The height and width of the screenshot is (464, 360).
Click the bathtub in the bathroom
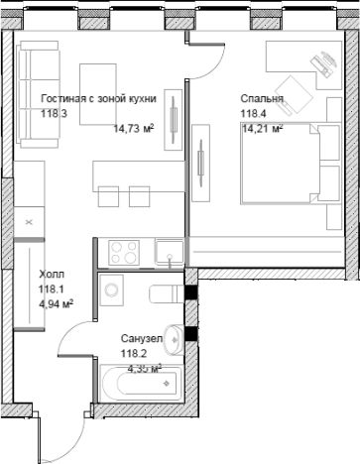141,383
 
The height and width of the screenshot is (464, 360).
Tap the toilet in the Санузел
167,293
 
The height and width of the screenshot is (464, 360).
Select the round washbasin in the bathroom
175,339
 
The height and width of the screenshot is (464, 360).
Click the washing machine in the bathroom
111,290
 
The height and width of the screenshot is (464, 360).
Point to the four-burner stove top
124,253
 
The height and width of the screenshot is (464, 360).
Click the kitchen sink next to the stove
170,252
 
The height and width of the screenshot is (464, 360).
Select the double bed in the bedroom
290,164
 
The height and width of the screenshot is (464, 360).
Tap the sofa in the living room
38,94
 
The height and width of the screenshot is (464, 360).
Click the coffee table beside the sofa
98,94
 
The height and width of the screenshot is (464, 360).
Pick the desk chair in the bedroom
294,96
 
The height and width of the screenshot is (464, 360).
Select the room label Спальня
262,98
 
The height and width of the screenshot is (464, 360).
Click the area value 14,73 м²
134,128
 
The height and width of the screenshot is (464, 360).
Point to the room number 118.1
52,290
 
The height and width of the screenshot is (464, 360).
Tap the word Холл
52,275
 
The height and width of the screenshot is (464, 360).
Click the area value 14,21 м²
263,128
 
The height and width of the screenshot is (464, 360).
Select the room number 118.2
134,354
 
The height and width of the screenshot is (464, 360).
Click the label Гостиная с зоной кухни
98,98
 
